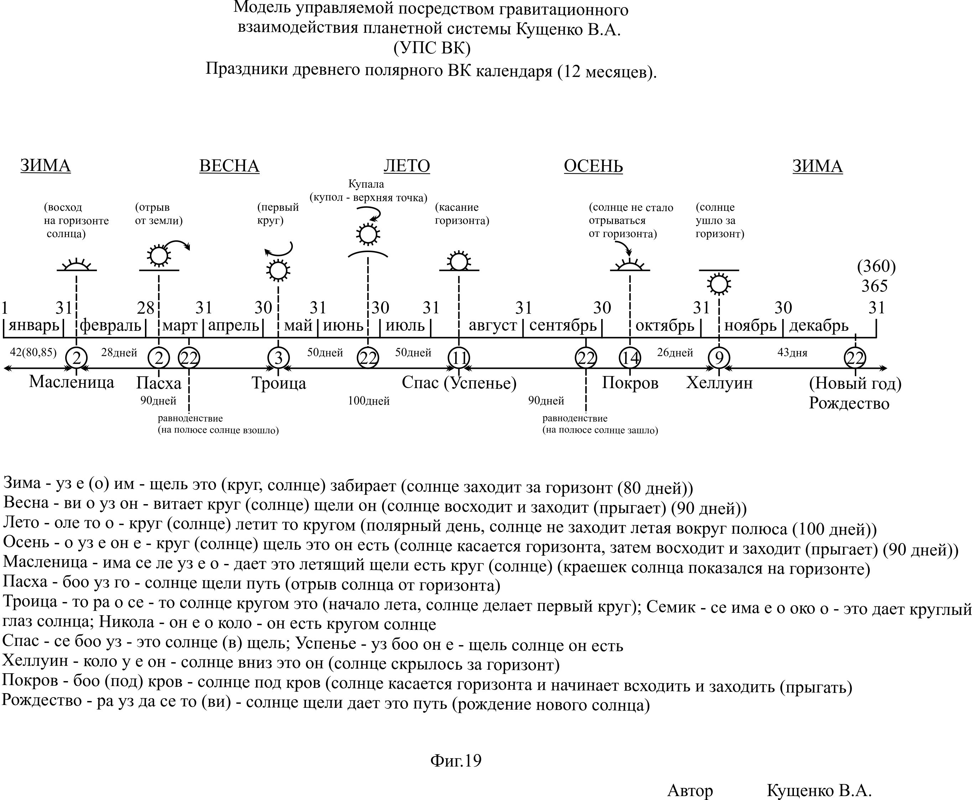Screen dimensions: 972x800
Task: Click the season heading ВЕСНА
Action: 229,166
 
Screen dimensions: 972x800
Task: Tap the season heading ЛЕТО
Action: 407,166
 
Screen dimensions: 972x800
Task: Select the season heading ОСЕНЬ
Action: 593,166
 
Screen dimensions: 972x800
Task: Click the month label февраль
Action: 111,326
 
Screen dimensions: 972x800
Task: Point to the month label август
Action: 493,326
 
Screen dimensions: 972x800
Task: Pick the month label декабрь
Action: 818,326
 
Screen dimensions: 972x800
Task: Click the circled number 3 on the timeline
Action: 279,357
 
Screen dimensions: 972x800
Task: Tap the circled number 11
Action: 459,357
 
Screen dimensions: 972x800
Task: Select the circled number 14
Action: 630,357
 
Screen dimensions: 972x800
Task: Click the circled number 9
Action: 719,357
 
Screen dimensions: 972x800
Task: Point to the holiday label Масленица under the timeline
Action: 72,382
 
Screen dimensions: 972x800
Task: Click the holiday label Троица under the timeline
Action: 279,383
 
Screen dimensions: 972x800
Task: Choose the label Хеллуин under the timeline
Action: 719,383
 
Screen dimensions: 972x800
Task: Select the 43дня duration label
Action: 792,353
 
